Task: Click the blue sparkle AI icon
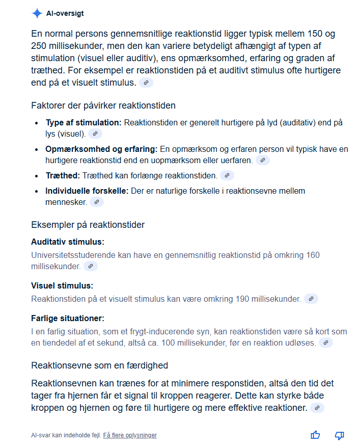tap(37, 14)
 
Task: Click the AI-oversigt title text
tap(65, 14)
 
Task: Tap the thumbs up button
tap(316, 435)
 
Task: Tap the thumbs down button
tap(339, 435)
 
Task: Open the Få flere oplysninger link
tap(130, 435)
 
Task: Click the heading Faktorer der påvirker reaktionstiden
tap(103, 106)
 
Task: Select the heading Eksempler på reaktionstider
tap(88, 224)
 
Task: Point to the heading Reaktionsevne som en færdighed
tap(99, 365)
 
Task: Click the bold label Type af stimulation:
tap(84, 123)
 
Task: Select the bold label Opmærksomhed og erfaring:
tap(101, 149)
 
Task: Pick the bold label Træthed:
tap(63, 175)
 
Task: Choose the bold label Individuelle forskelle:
tap(87, 191)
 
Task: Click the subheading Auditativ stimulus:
tap(68, 242)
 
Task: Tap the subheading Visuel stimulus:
tap(62, 285)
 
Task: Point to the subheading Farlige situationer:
tap(68, 318)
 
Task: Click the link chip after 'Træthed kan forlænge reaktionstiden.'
tap(227, 175)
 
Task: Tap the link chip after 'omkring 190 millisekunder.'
tap(311, 299)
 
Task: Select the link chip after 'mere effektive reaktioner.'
tap(317, 408)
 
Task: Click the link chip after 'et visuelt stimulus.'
tap(146, 83)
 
